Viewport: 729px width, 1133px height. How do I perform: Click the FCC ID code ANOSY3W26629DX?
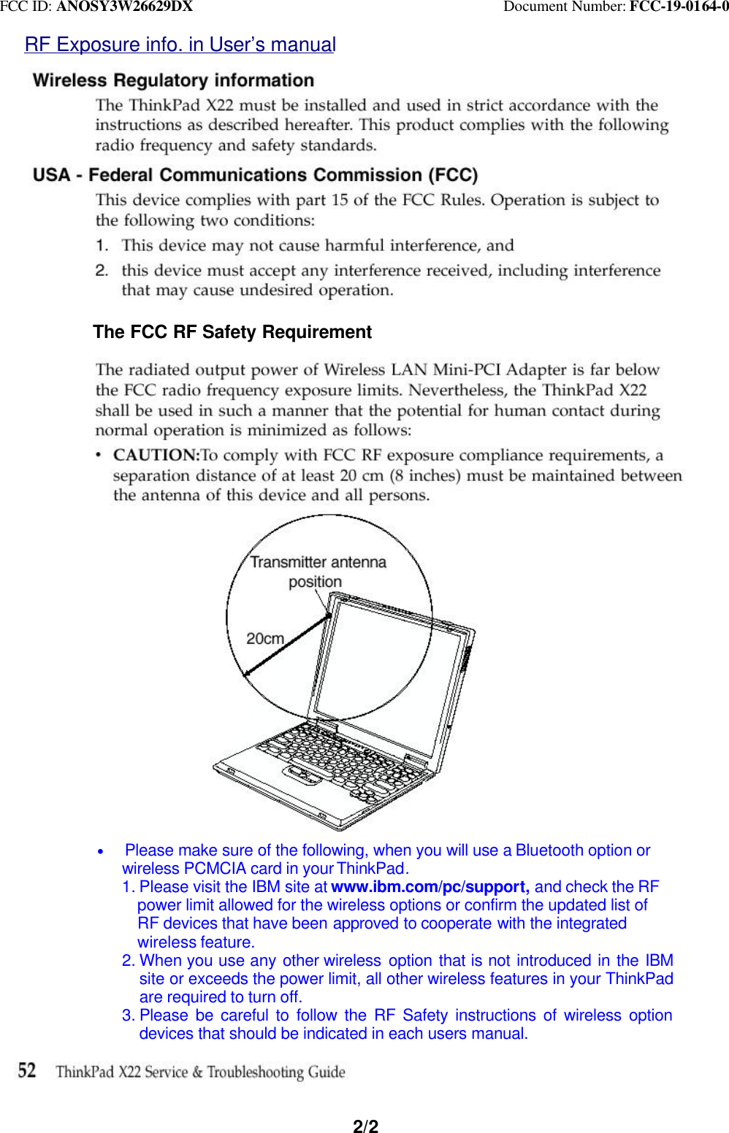[x=124, y=7]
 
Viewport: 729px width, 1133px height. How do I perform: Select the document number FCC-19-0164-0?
[x=679, y=7]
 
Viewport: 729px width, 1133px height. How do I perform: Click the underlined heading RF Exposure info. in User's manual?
[x=180, y=45]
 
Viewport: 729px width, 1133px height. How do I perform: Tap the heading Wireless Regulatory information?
[x=173, y=80]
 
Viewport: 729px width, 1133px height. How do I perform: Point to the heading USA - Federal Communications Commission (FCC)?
[x=255, y=175]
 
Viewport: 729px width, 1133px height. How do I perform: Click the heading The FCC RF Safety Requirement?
[x=232, y=332]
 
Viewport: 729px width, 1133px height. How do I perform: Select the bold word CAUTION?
[x=156, y=456]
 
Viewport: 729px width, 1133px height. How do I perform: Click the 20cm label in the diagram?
[x=264, y=639]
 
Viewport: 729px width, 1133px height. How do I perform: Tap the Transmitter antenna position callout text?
[x=318, y=571]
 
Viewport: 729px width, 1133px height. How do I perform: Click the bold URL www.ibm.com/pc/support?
[x=430, y=887]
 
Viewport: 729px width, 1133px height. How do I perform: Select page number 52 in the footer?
[x=27, y=1071]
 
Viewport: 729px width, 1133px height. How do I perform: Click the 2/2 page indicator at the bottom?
[x=365, y=1126]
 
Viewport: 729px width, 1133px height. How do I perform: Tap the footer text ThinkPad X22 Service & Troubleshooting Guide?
[x=200, y=1072]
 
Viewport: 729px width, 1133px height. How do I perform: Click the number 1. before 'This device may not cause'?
[x=102, y=245]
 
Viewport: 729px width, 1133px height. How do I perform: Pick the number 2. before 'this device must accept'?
[x=102, y=270]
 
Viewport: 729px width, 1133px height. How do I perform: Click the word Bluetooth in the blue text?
[x=549, y=850]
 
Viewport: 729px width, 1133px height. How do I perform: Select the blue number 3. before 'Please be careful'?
[x=129, y=1015]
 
